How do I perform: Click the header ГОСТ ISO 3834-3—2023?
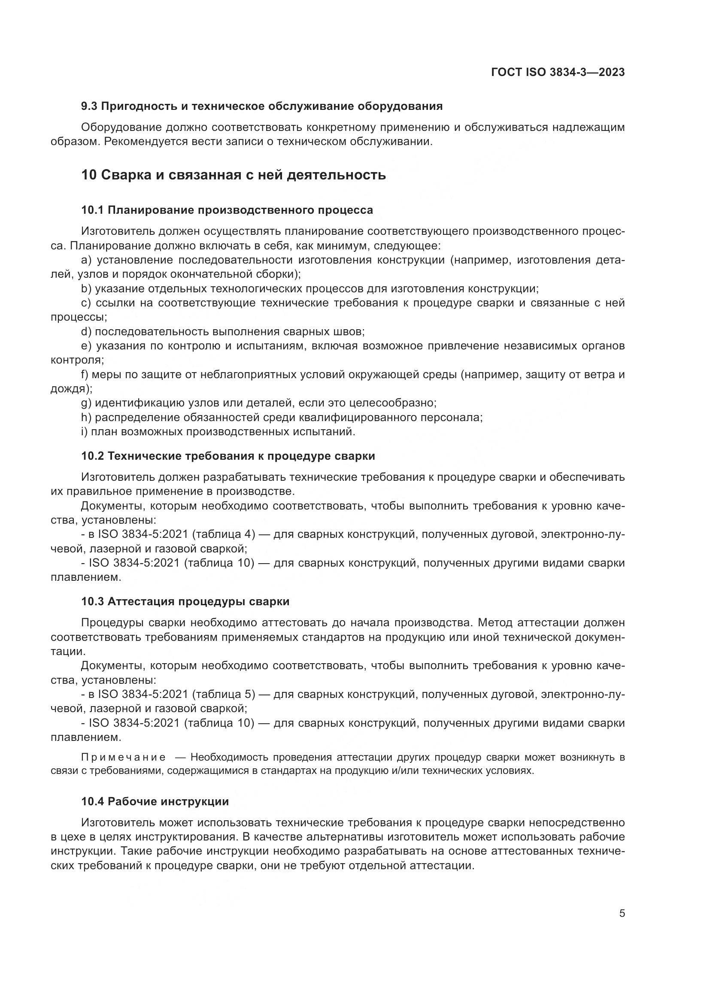(558, 72)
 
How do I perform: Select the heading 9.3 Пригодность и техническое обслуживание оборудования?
(262, 106)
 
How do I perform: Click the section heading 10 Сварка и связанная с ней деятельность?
(234, 175)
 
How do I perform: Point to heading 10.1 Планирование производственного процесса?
(227, 210)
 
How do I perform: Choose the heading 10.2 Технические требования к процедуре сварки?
(228, 456)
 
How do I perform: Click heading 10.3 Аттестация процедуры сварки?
(185, 602)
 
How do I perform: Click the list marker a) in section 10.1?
(86, 260)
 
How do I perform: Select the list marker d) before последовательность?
(86, 331)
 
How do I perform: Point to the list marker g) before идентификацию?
(86, 403)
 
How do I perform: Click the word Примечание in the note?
(123, 757)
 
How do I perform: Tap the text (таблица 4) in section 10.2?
(223, 534)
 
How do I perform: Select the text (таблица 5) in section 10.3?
(223, 694)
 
